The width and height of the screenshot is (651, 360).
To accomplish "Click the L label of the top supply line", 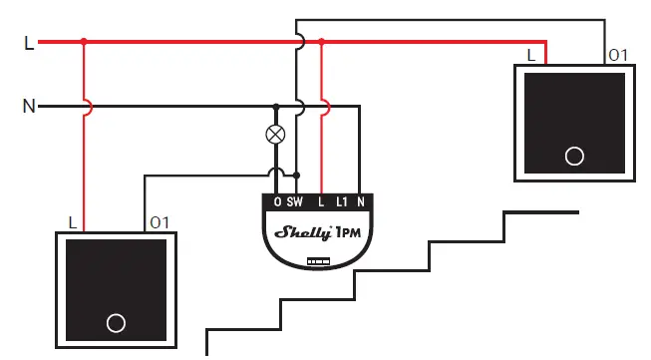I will point(28,43).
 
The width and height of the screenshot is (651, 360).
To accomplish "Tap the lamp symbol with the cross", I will point(276,135).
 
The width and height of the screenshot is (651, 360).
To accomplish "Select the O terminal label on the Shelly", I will point(277,202).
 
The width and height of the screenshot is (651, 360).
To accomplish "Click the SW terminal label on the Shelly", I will point(296,202).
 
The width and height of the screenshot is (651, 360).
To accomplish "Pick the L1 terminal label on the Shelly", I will point(341,202).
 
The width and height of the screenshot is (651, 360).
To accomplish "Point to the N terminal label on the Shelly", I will point(361,202).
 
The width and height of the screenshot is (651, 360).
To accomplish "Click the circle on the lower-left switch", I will point(116,323).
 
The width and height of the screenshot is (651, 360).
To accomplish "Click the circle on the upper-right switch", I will point(573,156).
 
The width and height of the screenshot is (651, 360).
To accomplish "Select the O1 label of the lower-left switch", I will point(159,220).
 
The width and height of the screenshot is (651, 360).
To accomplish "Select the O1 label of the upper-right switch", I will point(618,54).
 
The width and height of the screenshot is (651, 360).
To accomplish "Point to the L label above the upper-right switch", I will point(529,54).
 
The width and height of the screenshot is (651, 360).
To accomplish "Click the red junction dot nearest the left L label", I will point(84,42).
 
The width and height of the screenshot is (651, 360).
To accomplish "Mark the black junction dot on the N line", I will point(276,106).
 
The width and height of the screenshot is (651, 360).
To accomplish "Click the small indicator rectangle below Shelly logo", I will point(318,260).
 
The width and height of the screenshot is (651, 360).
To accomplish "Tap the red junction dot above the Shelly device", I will point(321,42).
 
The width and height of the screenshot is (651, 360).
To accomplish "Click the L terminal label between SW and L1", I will point(321,202).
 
